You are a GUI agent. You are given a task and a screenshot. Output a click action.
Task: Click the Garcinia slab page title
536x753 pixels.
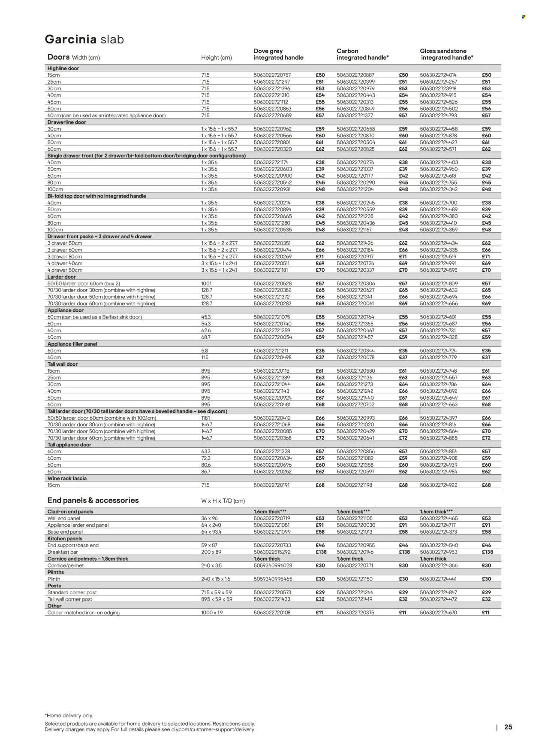point(84,39)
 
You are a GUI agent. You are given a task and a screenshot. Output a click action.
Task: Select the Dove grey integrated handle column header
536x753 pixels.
point(278,54)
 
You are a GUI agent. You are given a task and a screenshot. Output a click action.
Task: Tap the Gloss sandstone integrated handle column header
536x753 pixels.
point(446,54)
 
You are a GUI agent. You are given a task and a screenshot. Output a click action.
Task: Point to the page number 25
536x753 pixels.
point(508,727)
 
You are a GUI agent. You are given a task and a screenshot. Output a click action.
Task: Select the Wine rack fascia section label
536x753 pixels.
point(67,478)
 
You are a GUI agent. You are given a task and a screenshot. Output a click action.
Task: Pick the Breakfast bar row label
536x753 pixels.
point(62,552)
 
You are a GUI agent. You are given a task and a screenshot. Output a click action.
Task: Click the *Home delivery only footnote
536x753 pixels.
point(69,716)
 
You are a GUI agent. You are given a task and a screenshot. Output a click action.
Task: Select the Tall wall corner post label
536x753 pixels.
point(69,599)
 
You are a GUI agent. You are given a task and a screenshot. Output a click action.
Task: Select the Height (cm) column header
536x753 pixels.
point(217,58)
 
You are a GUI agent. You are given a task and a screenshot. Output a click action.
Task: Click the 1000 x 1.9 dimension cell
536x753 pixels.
point(212,613)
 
